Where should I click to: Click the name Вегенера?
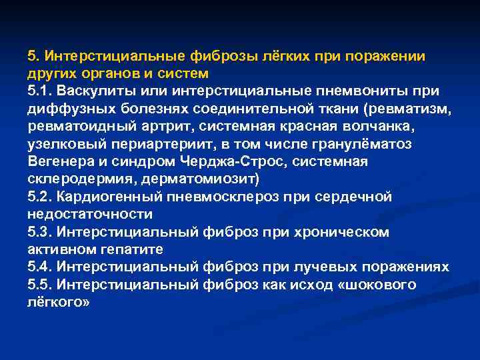[x=60, y=161]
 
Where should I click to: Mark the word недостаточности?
[x=90, y=215]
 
